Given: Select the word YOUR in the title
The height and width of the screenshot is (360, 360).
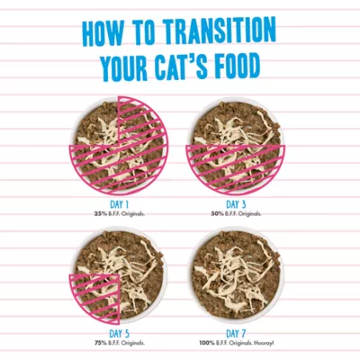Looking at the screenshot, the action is click(124, 67).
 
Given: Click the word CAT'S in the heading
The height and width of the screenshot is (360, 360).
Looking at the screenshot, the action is click(182, 66).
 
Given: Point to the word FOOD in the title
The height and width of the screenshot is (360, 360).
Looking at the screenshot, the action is click(237, 65).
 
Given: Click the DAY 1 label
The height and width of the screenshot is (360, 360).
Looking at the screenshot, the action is click(120, 205).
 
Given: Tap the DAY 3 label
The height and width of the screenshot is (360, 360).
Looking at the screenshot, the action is click(236, 205).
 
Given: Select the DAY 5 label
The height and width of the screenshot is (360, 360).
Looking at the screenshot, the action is click(120, 334).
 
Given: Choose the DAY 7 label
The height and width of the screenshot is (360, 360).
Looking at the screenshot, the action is click(236, 334).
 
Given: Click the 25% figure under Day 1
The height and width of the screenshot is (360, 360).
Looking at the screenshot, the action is click(98, 214).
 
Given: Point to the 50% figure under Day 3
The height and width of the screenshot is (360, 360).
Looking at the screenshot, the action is click(215, 214).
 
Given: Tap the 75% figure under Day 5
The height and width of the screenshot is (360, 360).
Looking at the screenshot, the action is click(98, 343).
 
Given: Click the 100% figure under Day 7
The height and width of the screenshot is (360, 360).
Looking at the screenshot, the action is click(205, 343).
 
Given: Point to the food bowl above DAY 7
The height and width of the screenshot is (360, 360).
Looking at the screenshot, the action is click(237, 276).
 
